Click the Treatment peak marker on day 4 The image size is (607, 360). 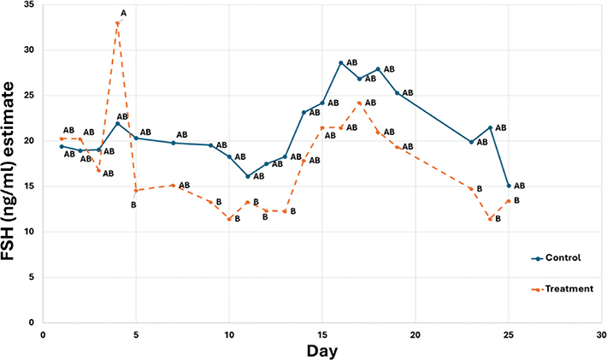(x=117, y=23)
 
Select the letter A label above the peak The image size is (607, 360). (x=124, y=13)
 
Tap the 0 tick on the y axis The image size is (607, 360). (x=32, y=322)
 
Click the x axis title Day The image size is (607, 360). (x=322, y=351)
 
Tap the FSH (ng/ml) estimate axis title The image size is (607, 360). (x=11, y=162)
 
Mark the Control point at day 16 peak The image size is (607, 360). (x=341, y=62)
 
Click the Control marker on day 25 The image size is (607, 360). (x=509, y=186)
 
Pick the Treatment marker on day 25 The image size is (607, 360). (x=509, y=201)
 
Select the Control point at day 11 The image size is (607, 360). (x=248, y=176)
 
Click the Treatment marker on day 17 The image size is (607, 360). (x=360, y=103)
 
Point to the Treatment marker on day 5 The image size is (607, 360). (x=136, y=190)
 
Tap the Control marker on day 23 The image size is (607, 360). (x=471, y=142)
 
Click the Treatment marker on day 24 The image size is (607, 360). (x=490, y=219)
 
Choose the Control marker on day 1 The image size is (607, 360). (x=62, y=146)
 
